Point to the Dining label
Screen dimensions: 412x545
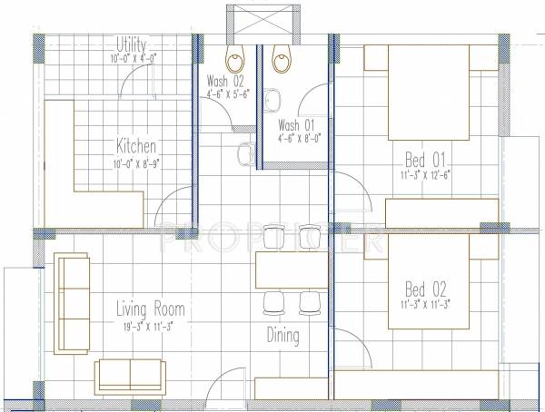pyautogui.click(x=282, y=336)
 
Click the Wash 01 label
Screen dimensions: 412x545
pyautogui.click(x=297, y=124)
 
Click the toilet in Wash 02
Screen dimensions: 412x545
pyautogui.click(x=236, y=58)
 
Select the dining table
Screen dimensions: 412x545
pyautogui.click(x=290, y=270)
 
